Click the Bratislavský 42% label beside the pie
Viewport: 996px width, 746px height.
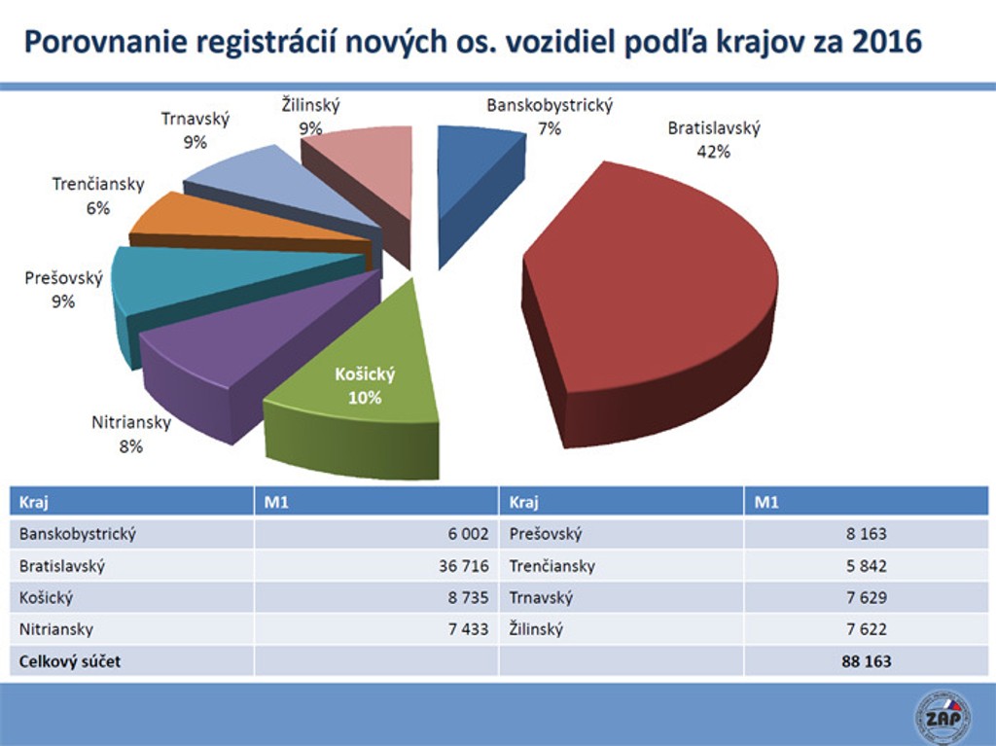coord(713,139)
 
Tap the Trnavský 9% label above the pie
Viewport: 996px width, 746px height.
coord(196,130)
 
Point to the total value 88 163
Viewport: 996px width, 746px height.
coord(866,661)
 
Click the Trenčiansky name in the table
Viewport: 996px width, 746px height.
coord(551,566)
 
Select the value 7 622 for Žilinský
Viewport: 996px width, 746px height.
coord(866,629)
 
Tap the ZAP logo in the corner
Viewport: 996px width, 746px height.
coord(943,718)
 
